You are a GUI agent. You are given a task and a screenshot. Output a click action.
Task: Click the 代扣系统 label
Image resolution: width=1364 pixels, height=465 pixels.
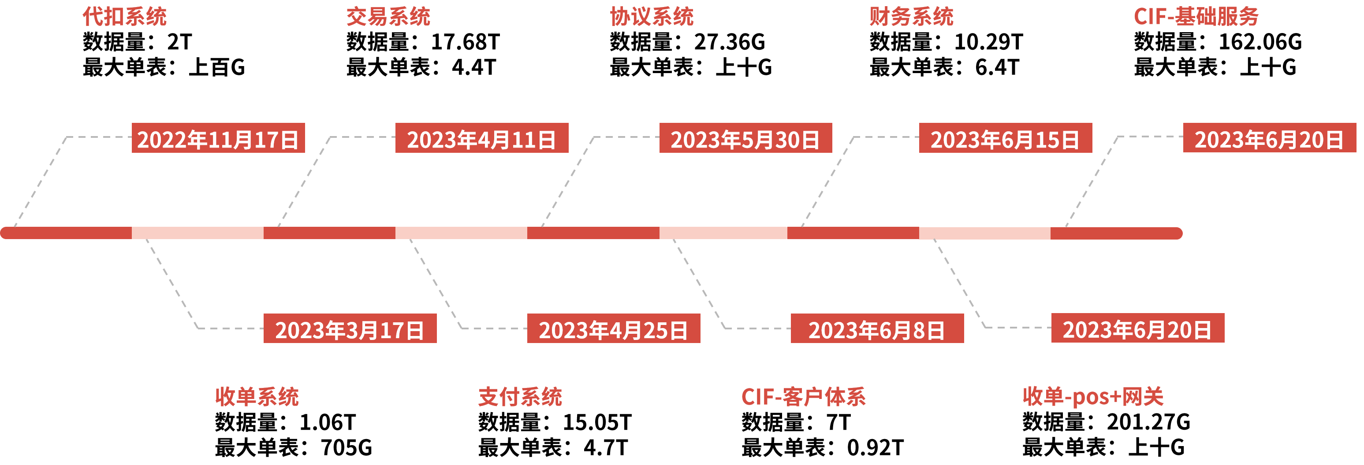click(124, 16)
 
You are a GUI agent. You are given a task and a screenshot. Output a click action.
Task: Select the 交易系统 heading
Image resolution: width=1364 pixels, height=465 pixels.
click(388, 16)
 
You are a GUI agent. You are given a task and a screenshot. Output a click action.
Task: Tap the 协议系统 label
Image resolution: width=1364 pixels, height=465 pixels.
click(652, 16)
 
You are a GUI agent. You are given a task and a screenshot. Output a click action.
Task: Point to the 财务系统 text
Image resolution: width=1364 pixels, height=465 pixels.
click(911, 16)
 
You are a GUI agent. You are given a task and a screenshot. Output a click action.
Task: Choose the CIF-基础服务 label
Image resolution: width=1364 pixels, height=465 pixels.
click(1196, 16)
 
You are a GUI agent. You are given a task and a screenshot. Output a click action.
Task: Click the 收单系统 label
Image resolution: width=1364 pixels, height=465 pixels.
click(257, 396)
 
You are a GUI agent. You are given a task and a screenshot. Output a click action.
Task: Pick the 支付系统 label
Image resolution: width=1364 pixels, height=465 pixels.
click(520, 396)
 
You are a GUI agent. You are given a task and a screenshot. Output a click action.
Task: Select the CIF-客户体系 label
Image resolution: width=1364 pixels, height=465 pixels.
click(803, 396)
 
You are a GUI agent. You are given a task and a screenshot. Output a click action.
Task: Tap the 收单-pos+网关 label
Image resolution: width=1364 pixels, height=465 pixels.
click(1093, 396)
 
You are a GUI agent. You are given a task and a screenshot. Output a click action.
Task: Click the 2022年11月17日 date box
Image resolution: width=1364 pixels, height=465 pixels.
click(218, 138)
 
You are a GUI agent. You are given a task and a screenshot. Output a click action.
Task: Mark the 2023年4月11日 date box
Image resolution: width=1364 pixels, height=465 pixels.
click(482, 138)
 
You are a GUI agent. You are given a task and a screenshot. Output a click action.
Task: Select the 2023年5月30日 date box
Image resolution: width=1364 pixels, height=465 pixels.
click(745, 138)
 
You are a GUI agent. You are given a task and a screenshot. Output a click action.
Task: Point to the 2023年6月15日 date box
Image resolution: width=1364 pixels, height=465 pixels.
click(1006, 138)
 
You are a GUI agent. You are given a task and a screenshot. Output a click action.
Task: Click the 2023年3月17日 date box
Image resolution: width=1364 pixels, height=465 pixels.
click(350, 328)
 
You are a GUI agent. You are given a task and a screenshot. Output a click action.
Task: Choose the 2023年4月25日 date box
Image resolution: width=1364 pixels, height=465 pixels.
click(614, 328)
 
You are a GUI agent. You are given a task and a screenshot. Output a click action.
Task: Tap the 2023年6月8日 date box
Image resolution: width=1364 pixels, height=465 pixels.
click(877, 328)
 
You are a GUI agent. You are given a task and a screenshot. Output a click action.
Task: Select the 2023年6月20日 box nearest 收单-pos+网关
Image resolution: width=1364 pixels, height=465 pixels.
click(1138, 328)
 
